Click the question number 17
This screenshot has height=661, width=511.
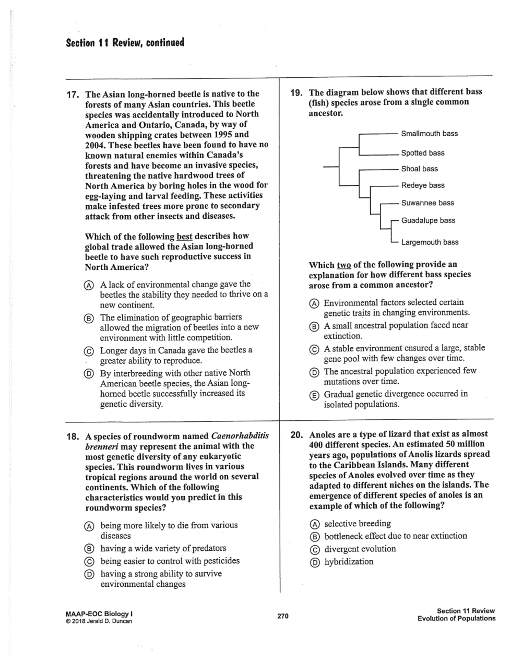(x=73, y=95)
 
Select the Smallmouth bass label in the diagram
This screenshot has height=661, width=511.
(x=429, y=134)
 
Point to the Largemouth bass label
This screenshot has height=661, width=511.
(x=430, y=242)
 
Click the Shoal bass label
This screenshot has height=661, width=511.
(x=419, y=169)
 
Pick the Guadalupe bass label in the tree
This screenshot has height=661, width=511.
(x=428, y=221)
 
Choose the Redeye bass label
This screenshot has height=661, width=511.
(x=423, y=185)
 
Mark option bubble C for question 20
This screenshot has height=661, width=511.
(x=314, y=550)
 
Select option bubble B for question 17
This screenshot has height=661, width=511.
(x=90, y=318)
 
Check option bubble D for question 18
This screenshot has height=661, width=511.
(x=90, y=574)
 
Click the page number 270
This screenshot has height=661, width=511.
(x=283, y=616)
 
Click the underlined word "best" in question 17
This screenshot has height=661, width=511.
(x=184, y=237)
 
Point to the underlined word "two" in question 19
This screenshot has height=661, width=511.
(x=344, y=265)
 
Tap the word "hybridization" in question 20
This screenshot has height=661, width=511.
(x=349, y=562)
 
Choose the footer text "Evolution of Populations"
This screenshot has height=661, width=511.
(x=456, y=619)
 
